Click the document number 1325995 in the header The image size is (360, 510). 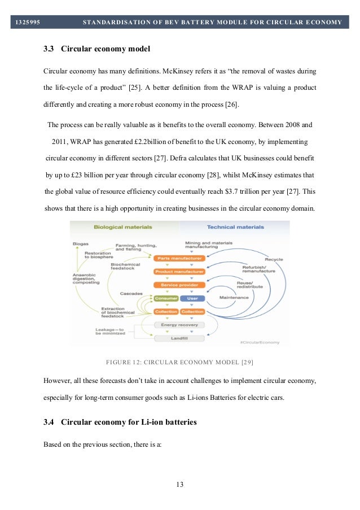click(27, 22)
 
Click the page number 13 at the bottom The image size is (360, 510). click(179, 484)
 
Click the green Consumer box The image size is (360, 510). click(165, 298)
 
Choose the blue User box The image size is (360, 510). click(192, 298)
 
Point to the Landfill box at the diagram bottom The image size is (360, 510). click(179, 338)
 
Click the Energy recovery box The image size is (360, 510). click(179, 325)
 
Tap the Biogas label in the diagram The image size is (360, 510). click(81, 243)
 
